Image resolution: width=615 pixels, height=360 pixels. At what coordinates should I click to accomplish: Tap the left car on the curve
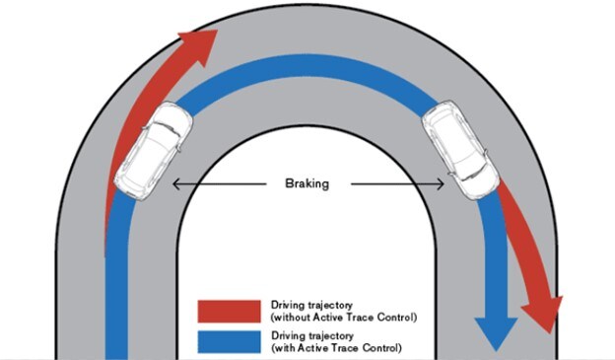pos(152,149)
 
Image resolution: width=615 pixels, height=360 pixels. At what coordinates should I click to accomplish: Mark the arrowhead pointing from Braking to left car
pos(176,183)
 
